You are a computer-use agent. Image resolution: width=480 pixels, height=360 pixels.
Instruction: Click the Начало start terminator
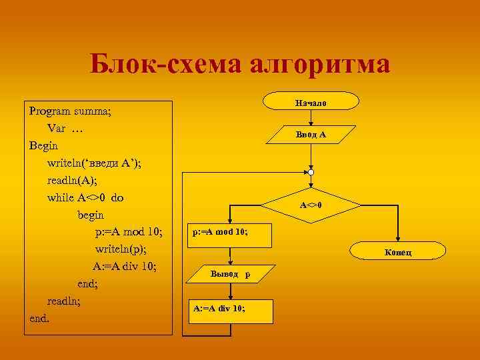(311, 101)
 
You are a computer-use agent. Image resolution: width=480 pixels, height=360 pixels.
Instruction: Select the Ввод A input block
(311, 135)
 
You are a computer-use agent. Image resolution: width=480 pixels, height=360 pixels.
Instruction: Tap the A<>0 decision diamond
(311, 205)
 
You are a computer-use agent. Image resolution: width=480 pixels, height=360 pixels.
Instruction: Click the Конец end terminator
(398, 251)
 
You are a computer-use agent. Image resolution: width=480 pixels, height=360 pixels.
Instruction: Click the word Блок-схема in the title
(165, 65)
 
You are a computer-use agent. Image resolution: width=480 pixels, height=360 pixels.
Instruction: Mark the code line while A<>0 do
(85, 197)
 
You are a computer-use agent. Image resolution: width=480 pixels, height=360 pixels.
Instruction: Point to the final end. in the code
(40, 318)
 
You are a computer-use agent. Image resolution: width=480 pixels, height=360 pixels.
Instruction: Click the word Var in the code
(56, 128)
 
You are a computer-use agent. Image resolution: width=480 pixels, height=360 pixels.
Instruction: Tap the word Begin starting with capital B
(44, 145)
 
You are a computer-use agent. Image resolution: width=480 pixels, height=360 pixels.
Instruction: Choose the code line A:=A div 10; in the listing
(125, 267)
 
